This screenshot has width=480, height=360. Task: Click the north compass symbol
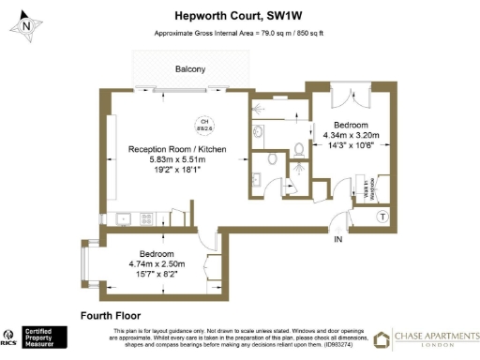pyautogui.click(x=25, y=25)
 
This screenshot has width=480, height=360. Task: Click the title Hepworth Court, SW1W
pyautogui.click(x=239, y=15)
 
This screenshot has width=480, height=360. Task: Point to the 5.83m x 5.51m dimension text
pyautogui.click(x=175, y=160)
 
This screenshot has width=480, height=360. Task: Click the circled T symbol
pyautogui.click(x=382, y=217)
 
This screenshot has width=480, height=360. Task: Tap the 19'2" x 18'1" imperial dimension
pyautogui.click(x=175, y=171)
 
